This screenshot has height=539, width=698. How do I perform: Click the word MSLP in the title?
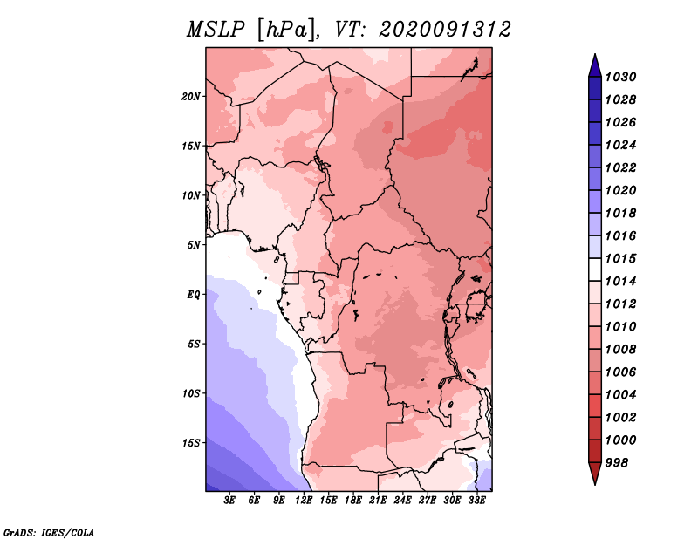[216, 30]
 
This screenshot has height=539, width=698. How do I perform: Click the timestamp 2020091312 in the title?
[445, 30]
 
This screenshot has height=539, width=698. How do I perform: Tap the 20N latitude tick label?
[191, 97]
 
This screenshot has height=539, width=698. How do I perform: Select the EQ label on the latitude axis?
[194, 295]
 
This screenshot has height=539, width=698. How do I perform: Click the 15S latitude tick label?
[191, 443]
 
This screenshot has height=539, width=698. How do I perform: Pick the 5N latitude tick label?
[194, 245]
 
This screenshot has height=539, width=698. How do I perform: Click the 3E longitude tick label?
[229, 501]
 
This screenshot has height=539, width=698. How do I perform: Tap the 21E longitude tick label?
[378, 501]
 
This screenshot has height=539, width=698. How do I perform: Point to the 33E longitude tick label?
[476, 501]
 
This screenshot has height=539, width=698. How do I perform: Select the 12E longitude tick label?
[304, 501]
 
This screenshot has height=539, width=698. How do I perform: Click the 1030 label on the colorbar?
[621, 77]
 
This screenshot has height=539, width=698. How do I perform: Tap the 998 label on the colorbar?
[617, 463]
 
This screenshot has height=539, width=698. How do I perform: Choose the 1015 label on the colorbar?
[621, 258]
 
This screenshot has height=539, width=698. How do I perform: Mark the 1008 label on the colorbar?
[621, 350]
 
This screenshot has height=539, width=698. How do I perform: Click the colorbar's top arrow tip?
[595, 54]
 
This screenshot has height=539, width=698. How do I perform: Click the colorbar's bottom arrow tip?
[595, 484]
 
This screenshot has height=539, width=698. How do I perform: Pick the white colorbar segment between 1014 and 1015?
[595, 269]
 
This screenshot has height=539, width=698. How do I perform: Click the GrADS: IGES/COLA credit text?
[49, 533]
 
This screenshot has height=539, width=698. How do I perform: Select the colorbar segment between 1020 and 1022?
[595, 179]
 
